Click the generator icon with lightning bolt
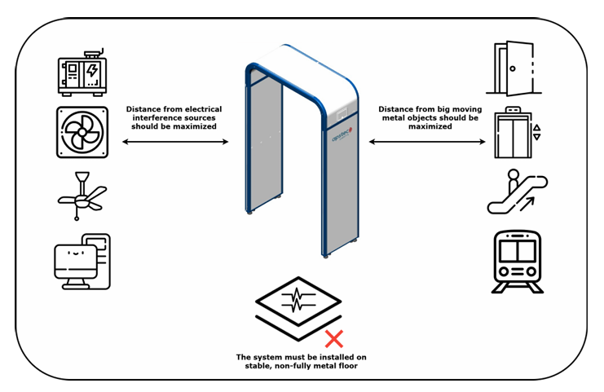click(x=82, y=76)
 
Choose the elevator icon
click(x=514, y=132)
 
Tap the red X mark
click(x=333, y=337)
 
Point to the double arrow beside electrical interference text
click(x=175, y=142)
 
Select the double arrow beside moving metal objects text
click(x=429, y=142)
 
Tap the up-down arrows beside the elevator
click(x=536, y=133)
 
